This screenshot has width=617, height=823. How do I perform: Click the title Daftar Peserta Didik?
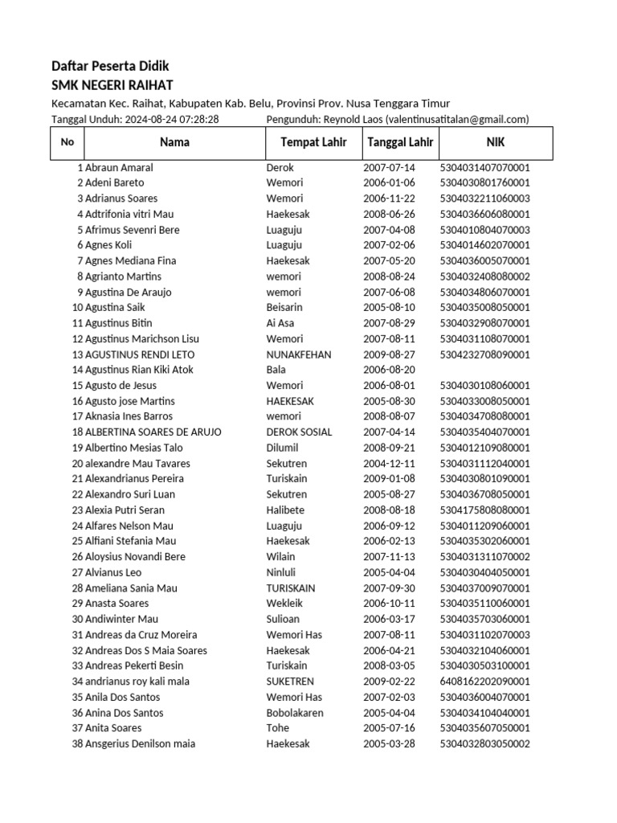tap(110, 66)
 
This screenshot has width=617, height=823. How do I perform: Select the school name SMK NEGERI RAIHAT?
tap(112, 85)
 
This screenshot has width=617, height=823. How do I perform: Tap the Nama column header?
tap(174, 142)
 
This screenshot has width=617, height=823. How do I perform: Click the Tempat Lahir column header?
tap(313, 142)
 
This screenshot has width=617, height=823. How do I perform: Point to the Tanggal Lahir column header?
tap(400, 142)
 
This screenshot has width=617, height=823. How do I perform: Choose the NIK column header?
tap(496, 142)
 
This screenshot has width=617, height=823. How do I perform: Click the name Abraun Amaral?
tap(119, 168)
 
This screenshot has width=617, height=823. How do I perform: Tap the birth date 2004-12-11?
tap(389, 464)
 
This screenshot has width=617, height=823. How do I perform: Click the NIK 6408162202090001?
tap(484, 682)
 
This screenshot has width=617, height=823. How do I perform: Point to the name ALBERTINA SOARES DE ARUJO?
tap(153, 432)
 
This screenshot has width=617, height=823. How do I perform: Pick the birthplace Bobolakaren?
tap(295, 713)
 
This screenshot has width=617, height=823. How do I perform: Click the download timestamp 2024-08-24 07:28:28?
tap(172, 120)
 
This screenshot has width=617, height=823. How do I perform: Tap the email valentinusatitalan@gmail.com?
tap(456, 120)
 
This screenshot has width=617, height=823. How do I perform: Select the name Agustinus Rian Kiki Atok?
tap(139, 370)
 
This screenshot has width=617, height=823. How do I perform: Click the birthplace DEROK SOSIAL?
tap(299, 432)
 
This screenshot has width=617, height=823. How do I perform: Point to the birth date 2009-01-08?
tap(389, 479)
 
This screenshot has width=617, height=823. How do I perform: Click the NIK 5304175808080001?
tap(484, 510)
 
